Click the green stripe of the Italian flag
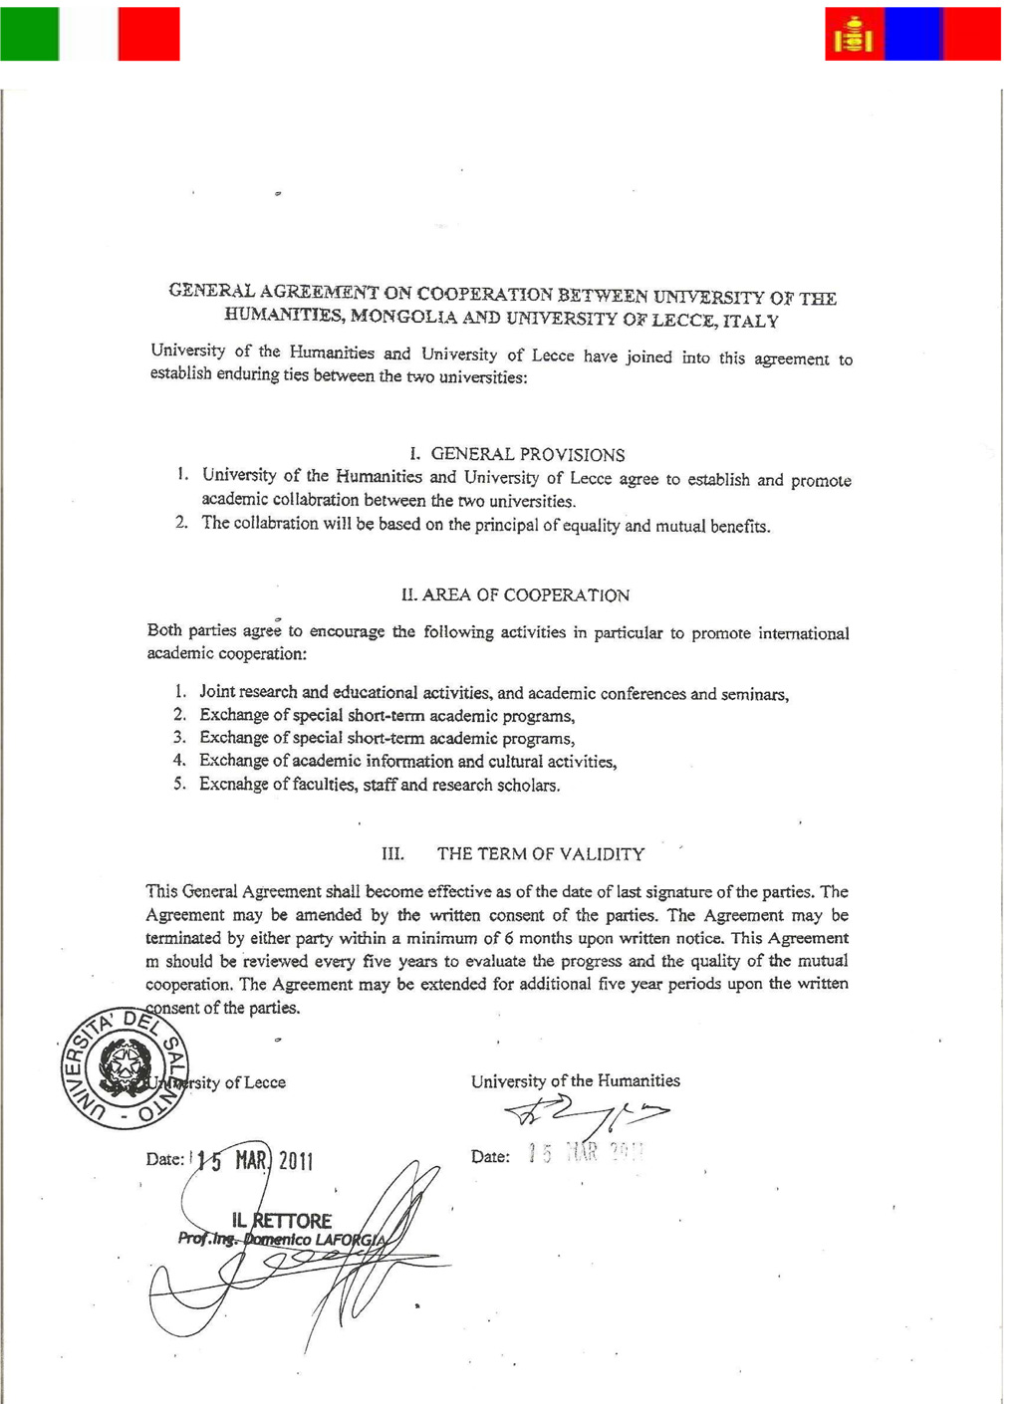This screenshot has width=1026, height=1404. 30,34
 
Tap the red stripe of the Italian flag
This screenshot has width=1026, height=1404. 148,34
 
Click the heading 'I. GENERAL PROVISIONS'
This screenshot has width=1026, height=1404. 517,455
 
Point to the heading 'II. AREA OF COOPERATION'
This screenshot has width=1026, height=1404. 515,595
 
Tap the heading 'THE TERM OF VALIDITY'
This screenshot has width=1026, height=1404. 540,853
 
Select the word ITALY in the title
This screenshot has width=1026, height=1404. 753,322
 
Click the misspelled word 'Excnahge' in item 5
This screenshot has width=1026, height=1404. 234,785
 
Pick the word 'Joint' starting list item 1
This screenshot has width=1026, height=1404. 219,691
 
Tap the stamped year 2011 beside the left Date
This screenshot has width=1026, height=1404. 296,1161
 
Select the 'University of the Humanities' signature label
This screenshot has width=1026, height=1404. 575,1081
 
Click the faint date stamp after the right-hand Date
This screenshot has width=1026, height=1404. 587,1155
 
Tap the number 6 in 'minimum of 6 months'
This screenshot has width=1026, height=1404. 510,938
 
